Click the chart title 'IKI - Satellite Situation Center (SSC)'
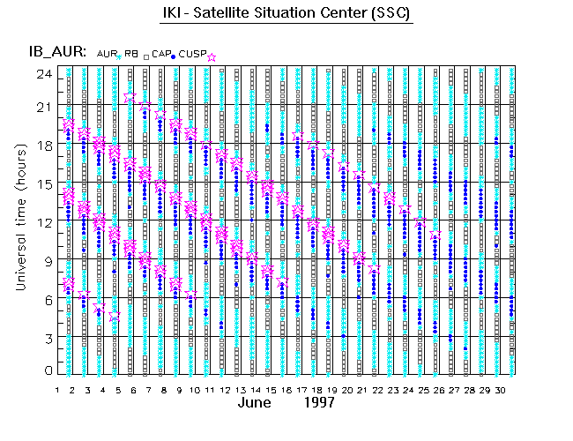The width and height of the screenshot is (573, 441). pos(287,15)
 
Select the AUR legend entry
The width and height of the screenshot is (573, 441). pos(106,55)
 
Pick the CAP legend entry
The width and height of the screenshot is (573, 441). pos(161,55)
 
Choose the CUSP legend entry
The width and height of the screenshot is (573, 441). pos(191,55)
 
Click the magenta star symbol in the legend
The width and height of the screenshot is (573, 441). pos(212,56)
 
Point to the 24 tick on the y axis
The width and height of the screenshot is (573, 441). pos(42,73)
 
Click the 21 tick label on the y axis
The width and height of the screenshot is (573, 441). pos(42,106)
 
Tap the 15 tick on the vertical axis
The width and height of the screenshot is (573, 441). pos(42,183)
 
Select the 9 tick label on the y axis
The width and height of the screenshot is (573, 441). pos(46,259)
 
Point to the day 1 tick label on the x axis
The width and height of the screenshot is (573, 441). pos(57,390)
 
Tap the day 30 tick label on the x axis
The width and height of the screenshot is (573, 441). pos(499,390)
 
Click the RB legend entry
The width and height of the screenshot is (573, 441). pos(131,55)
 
